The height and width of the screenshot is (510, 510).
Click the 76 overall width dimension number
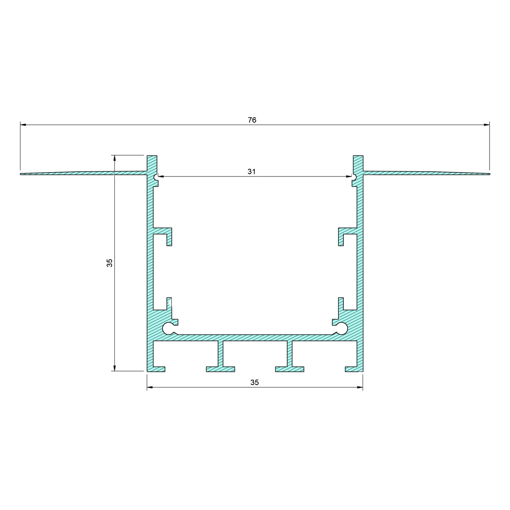pyautogui.click(x=252, y=120)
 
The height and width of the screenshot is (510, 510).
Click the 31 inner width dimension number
pyautogui.click(x=252, y=172)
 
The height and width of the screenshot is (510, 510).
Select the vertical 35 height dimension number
pyautogui.click(x=109, y=263)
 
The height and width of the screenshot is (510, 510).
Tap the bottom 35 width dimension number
pyautogui.click(x=254, y=382)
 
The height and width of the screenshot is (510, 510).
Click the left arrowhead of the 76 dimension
pyautogui.click(x=23, y=125)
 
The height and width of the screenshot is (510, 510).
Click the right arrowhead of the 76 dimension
pyautogui.click(x=487, y=125)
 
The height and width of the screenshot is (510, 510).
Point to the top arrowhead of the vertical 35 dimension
pyautogui.click(x=115, y=158)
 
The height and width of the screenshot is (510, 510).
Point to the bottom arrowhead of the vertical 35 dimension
pyautogui.click(x=115, y=368)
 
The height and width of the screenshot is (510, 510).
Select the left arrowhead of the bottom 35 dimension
pyautogui.click(x=150, y=387)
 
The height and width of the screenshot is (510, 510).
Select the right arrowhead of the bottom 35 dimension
pyautogui.click(x=360, y=387)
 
